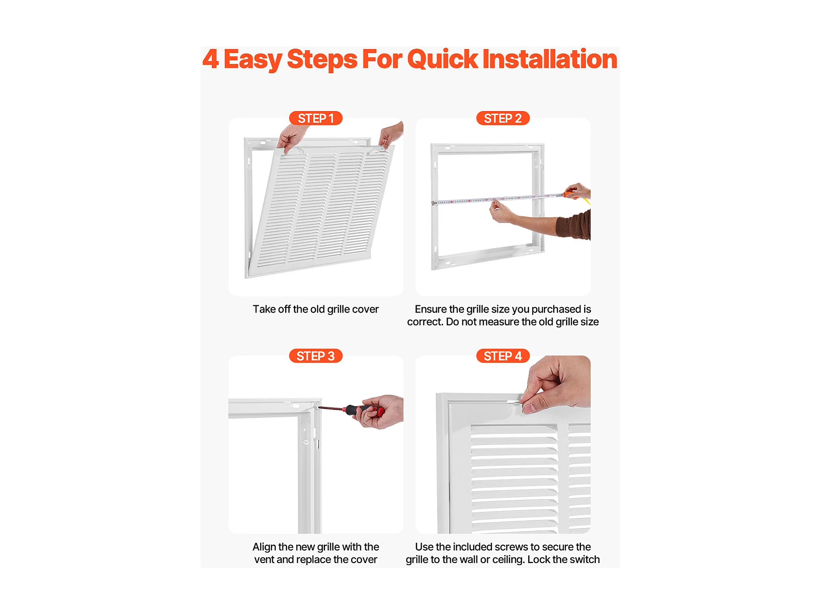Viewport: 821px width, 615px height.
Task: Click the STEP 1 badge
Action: (315, 118)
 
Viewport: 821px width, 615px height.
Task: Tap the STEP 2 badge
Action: (503, 118)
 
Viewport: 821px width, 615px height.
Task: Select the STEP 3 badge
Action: (315, 356)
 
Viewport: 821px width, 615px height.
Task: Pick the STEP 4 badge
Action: (503, 356)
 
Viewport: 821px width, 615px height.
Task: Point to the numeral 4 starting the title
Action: (211, 59)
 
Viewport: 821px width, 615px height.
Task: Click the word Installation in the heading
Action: (550, 59)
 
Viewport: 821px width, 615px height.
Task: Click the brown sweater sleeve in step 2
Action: (574, 225)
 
